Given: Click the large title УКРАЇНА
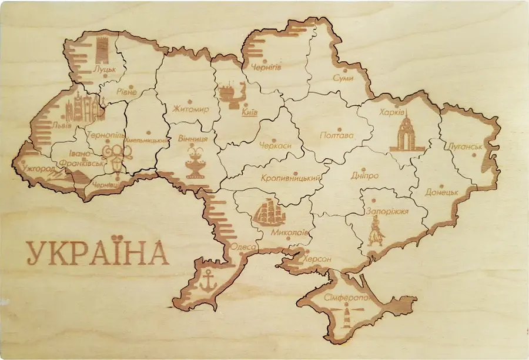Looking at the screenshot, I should point(98,254).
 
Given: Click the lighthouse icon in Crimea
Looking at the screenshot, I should point(346,314).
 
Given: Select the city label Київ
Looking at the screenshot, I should point(250,112).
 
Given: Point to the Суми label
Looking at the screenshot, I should point(343,78).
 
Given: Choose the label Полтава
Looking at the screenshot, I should point(337,135).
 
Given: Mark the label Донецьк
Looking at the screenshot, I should point(441,192).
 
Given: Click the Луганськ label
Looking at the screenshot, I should point(465,146).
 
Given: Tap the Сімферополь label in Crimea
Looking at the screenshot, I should point(346,298).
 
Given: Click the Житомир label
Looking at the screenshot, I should point(191,109).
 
